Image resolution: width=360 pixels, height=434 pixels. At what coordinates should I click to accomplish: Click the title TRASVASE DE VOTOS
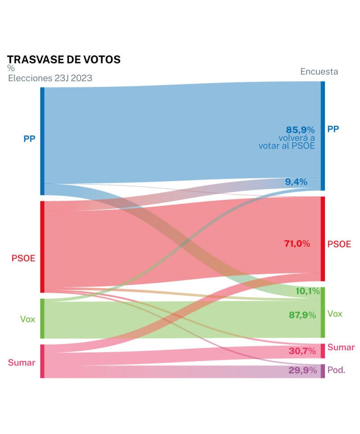pos(64,59)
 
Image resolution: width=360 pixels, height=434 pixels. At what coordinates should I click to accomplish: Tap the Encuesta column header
pos(319,72)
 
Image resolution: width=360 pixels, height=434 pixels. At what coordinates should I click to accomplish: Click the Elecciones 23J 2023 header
pos(50,78)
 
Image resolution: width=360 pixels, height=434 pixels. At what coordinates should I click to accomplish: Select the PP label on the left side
pos(29,139)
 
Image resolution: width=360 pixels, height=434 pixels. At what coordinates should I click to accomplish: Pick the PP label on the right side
pos(333,129)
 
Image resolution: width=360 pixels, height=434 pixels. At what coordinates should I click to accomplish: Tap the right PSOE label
pos(339,244)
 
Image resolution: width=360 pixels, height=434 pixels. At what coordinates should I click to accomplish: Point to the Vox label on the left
pos(27,319)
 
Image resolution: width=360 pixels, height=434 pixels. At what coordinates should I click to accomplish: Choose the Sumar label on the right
pos(341,347)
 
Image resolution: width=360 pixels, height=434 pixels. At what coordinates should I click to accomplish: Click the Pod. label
pos(336,371)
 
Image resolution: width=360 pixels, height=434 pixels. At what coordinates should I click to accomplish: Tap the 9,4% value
pos(296,182)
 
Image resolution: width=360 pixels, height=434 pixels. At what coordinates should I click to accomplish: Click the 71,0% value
pos(297,244)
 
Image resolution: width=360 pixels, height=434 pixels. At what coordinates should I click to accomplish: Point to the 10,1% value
pos(307,291)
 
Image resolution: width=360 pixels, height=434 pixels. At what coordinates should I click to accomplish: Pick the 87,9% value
pos(302,315)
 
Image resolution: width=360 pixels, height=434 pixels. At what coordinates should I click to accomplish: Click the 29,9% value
pos(302,371)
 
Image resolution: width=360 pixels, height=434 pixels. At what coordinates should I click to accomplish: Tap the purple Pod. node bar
pos(322,371)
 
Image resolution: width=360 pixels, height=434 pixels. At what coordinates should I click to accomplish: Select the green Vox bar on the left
pos(42,318)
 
